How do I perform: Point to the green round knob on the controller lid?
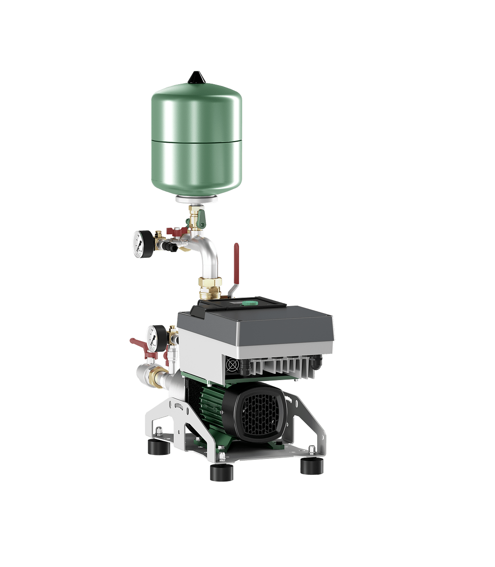tap(249, 304)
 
